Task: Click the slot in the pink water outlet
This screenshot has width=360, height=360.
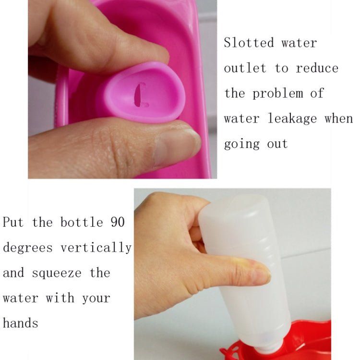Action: click(140, 95)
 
